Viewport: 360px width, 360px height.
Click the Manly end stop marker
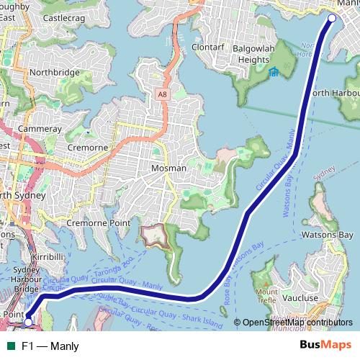332,18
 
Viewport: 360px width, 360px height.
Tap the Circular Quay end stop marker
28,315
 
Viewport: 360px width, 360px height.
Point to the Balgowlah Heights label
258,54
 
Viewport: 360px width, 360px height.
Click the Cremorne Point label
98,223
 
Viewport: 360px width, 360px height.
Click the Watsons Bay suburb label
327,235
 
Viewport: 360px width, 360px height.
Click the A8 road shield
163,93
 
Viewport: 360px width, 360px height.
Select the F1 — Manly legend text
50,346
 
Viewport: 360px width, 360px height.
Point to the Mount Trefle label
266,295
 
